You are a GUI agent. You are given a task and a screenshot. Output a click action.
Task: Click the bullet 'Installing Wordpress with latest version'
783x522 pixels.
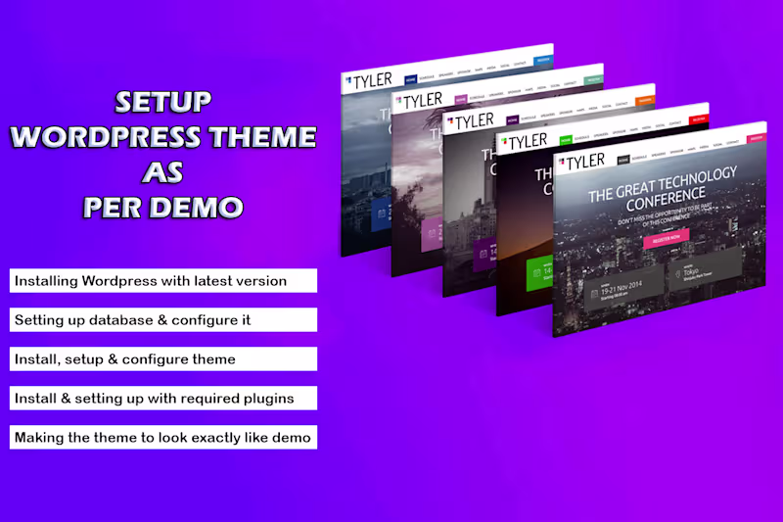(x=163, y=281)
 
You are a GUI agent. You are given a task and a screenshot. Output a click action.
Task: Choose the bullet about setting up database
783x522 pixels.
(x=163, y=320)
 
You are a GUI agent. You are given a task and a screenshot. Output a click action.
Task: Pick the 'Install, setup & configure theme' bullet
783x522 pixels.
(x=163, y=359)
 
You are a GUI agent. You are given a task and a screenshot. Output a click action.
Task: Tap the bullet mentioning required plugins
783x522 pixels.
(x=163, y=399)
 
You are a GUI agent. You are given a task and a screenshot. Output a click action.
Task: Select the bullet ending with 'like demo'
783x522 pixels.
(x=163, y=438)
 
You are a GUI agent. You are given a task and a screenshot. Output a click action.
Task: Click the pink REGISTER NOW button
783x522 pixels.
(x=667, y=236)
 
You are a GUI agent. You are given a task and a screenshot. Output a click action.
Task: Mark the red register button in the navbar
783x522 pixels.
(x=698, y=119)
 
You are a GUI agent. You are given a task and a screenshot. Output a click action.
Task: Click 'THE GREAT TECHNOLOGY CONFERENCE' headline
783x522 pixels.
(x=662, y=185)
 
